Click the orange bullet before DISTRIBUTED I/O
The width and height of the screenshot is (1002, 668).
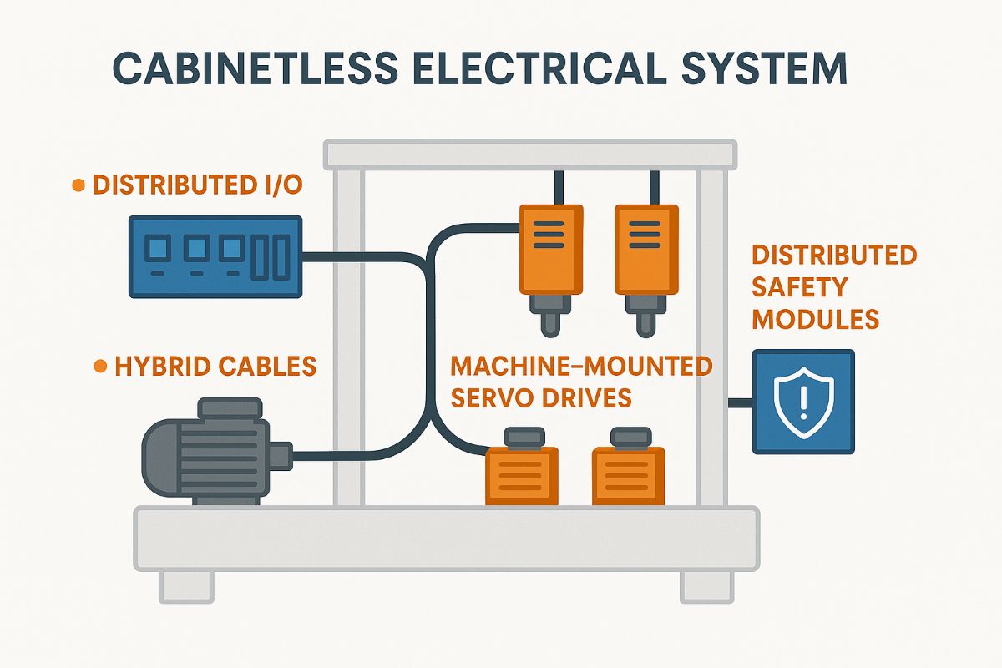[x=78, y=186]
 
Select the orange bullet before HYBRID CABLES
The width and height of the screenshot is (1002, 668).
[x=100, y=366]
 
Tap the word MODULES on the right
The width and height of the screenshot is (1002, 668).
[x=815, y=319]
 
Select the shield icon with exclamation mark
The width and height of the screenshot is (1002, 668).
[x=802, y=402]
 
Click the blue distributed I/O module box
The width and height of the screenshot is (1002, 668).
[x=215, y=256]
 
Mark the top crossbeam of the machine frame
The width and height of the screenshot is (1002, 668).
[x=530, y=154]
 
